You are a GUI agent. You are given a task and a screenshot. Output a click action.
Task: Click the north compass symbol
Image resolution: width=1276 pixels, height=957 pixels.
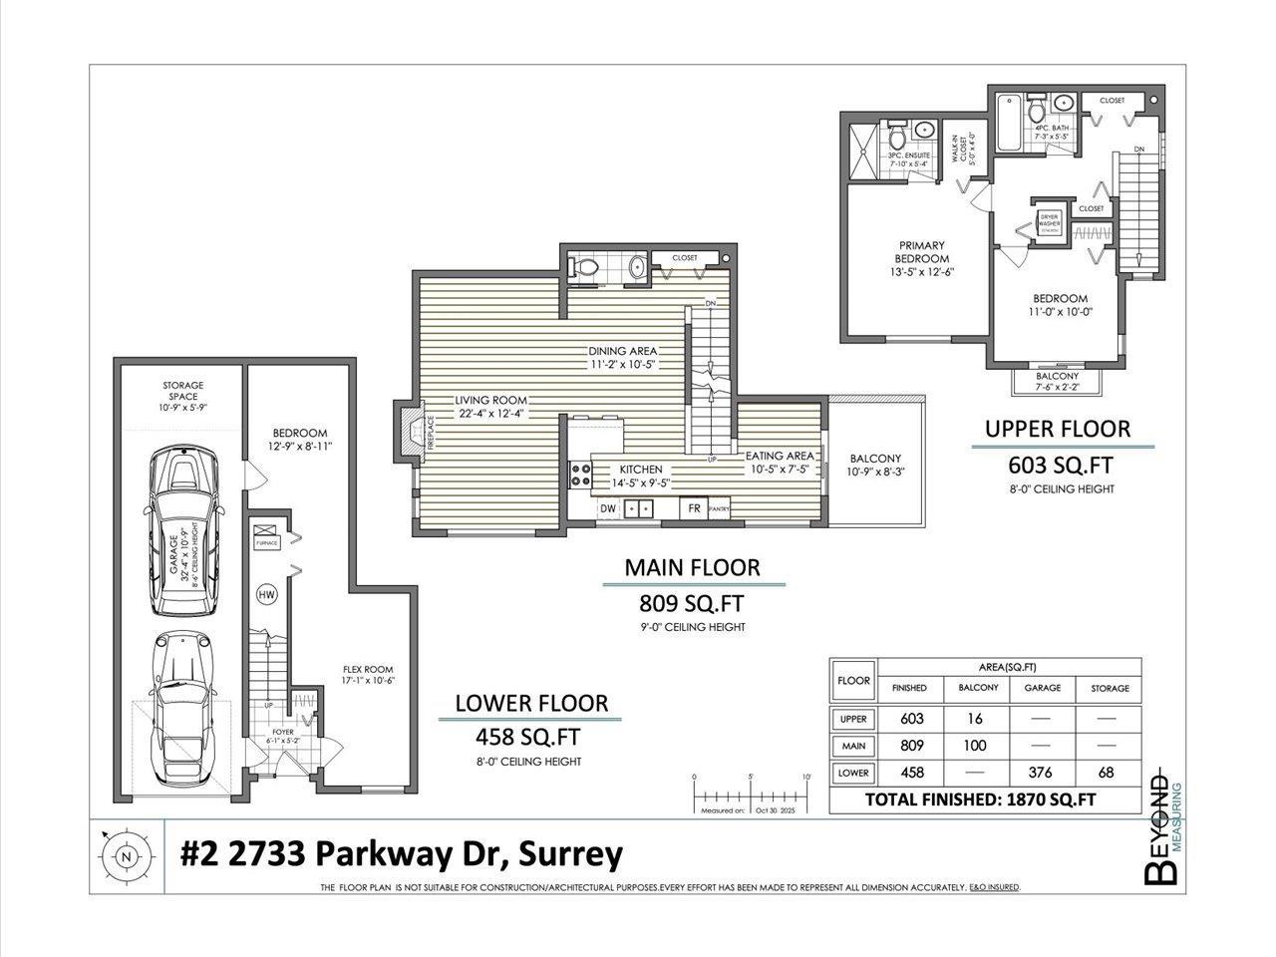(x=125, y=855)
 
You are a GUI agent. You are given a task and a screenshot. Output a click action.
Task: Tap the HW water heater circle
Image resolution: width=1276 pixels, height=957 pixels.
(x=266, y=595)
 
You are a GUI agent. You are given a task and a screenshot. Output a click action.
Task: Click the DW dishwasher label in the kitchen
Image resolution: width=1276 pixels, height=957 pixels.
(x=608, y=508)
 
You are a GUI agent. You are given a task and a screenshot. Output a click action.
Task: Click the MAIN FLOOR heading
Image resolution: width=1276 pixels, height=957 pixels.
(x=692, y=567)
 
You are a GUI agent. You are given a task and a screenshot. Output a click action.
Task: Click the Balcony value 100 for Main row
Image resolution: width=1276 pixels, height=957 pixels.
(x=977, y=746)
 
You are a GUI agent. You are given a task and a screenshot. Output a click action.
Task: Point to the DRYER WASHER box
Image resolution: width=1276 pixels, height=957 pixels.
(x=1049, y=220)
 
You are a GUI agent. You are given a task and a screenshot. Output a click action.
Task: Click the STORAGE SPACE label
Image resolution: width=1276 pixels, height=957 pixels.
(x=183, y=392)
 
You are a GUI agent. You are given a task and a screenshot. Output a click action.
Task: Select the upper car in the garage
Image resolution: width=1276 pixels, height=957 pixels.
(x=181, y=532)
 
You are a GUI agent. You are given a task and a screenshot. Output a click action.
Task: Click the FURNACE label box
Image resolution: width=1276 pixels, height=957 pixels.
(x=266, y=541)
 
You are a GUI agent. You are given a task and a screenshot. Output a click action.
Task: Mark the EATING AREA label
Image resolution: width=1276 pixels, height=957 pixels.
(x=781, y=456)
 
